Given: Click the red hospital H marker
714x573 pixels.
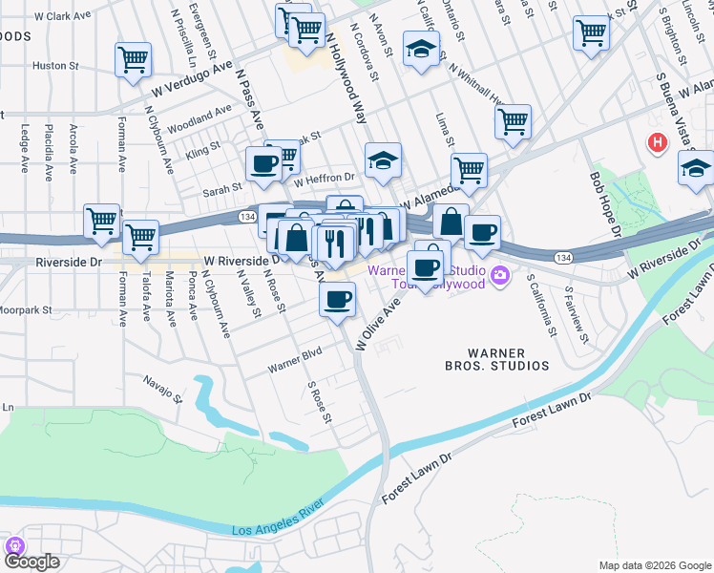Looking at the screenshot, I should click(x=657, y=143).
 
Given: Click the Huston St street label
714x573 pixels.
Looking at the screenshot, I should click(x=55, y=66).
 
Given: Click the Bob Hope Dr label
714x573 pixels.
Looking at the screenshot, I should click(x=604, y=204).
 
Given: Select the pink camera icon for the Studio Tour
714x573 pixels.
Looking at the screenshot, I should click(x=501, y=277).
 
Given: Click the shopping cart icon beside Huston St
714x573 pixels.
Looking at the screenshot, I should click(x=133, y=60).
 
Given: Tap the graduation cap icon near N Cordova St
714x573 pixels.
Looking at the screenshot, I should click(x=420, y=48).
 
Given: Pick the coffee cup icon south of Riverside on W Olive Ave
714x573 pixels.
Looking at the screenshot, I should click(x=336, y=300).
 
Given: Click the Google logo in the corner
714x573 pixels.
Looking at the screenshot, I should click(x=32, y=561).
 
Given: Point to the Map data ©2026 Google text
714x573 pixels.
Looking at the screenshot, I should click(x=655, y=564).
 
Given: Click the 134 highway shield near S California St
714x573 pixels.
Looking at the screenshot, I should click(x=564, y=256).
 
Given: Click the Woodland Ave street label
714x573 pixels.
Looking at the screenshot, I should click(x=199, y=119).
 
